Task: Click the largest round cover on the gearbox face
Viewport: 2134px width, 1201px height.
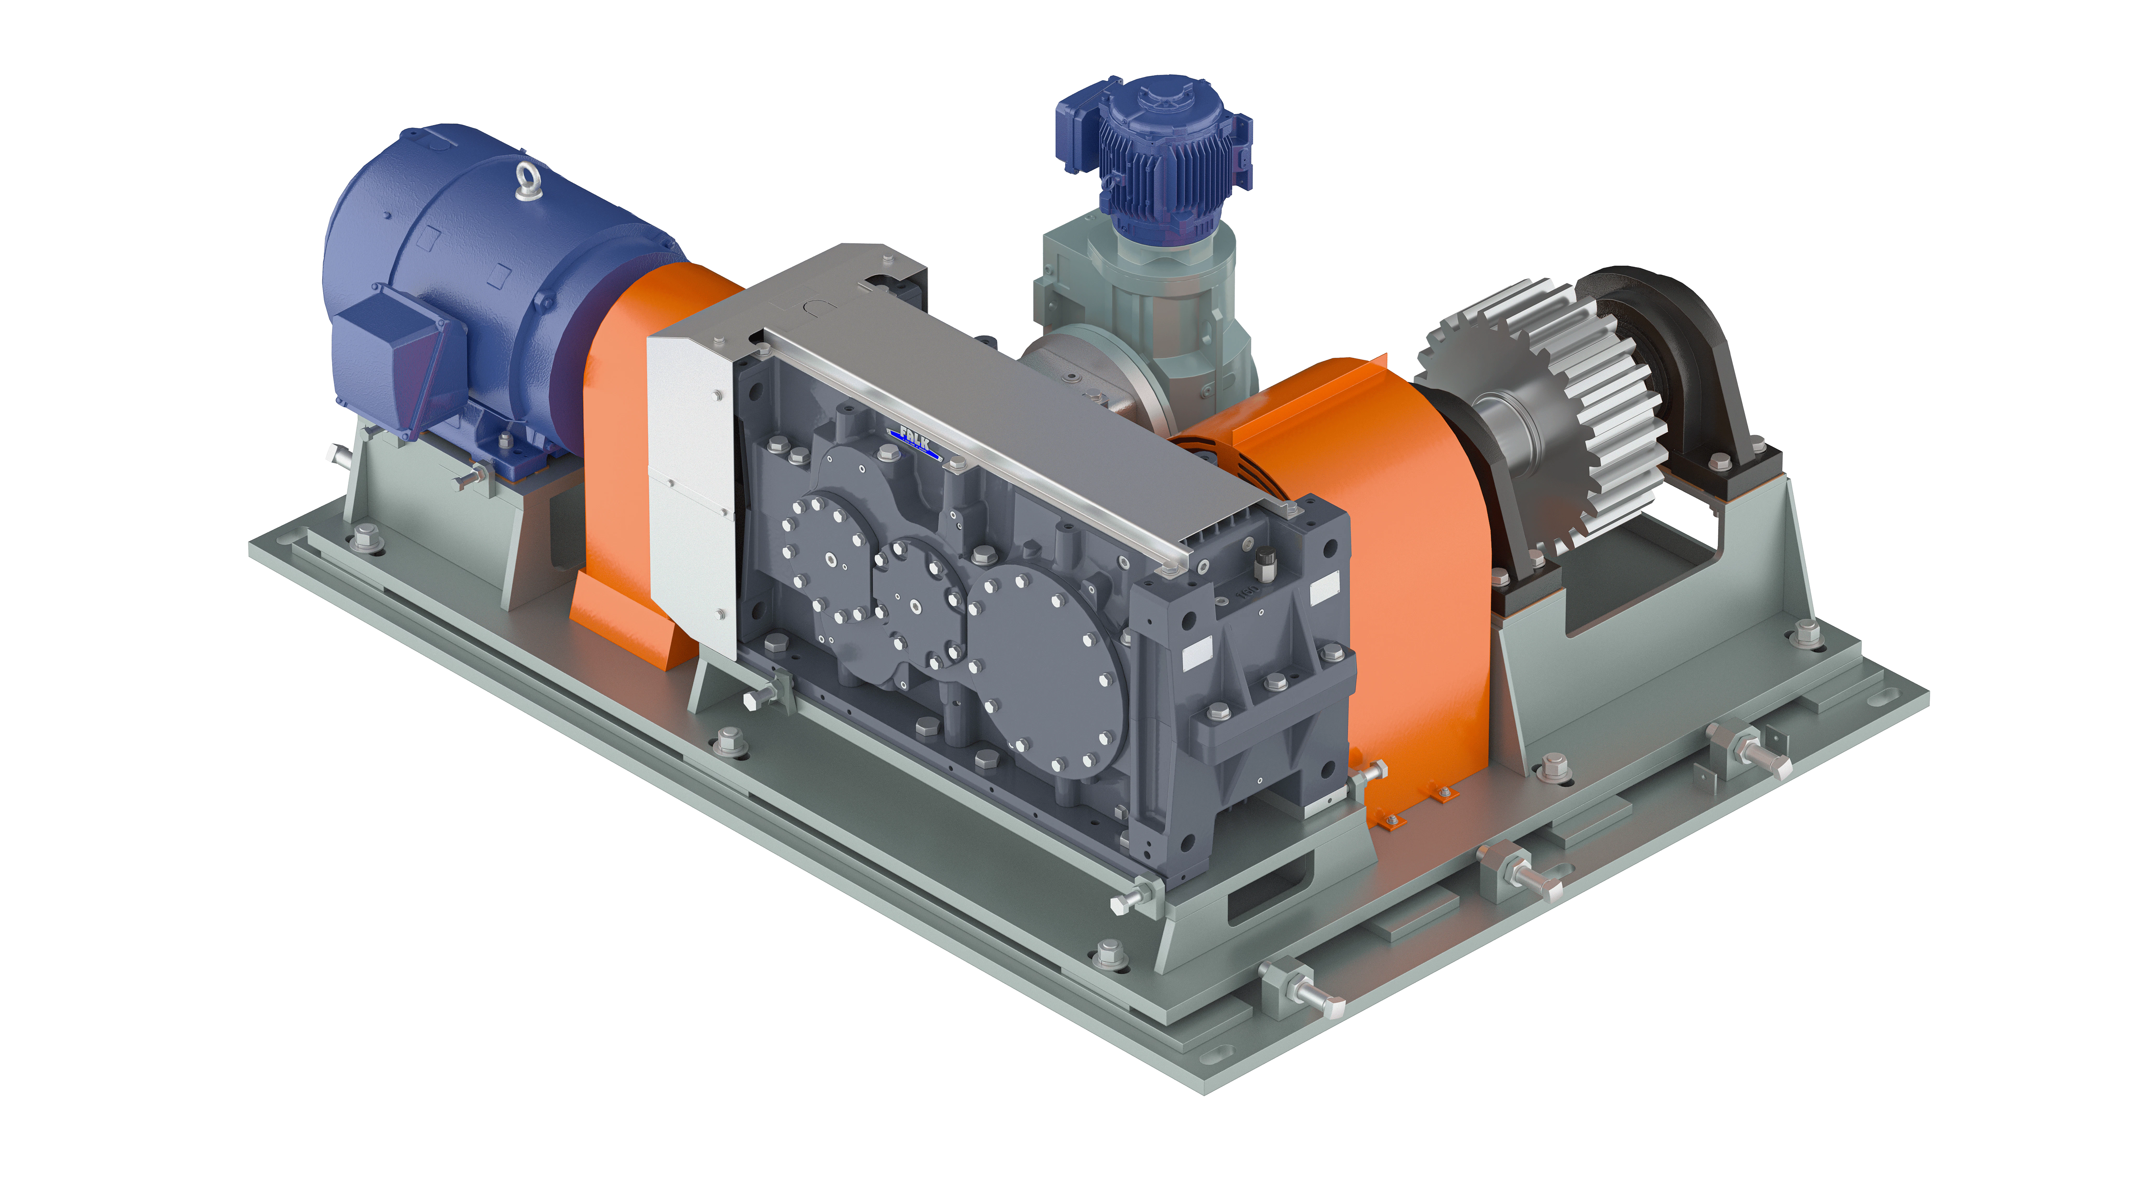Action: (1048, 671)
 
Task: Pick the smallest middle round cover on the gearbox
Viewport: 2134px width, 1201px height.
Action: (920, 593)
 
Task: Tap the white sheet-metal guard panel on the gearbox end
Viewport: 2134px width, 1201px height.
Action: (692, 489)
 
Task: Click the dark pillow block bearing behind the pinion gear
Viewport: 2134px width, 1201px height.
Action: (1682, 348)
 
